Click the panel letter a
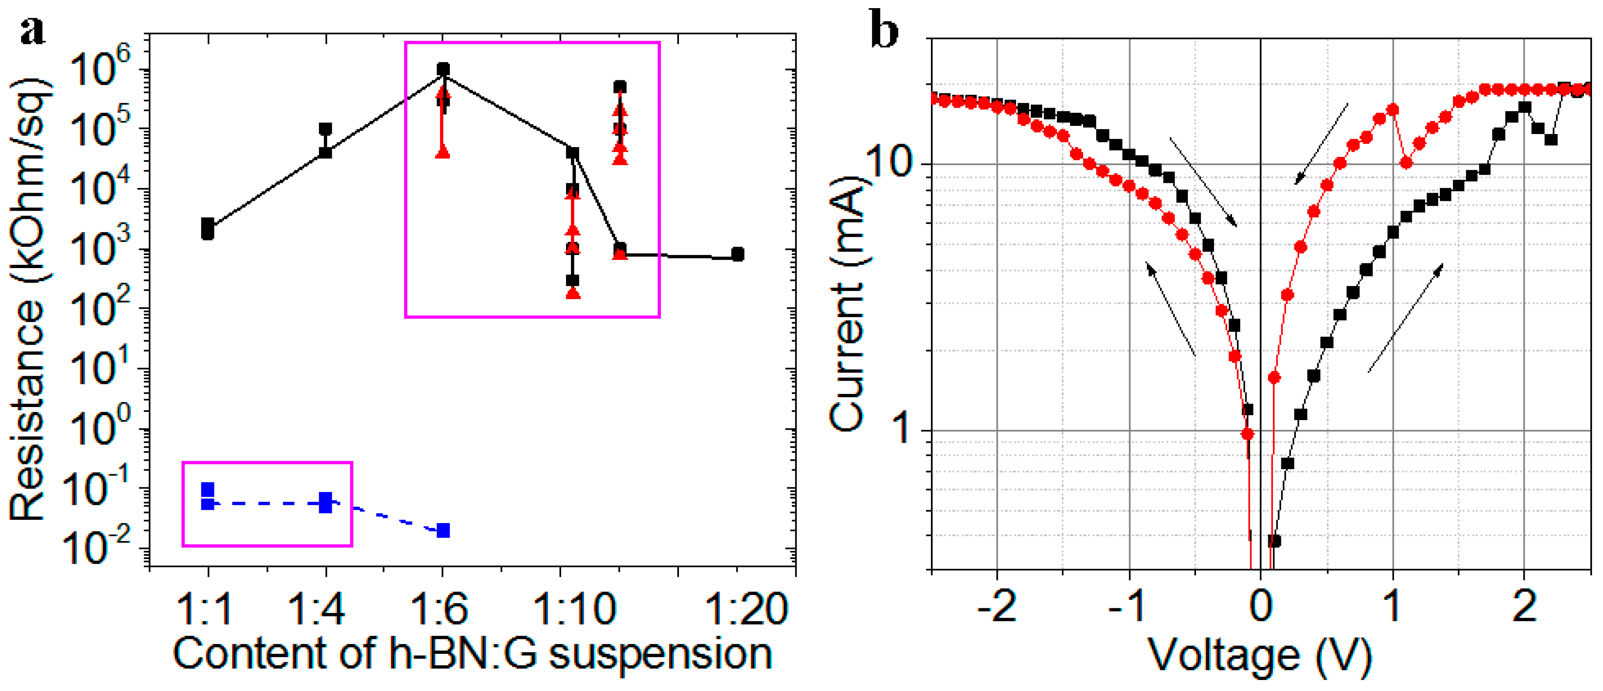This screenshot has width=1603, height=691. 32,31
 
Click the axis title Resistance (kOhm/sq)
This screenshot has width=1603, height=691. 28,299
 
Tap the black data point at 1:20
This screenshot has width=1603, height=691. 737,254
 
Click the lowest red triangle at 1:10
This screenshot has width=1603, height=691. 573,293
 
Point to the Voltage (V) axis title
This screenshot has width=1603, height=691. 1260,656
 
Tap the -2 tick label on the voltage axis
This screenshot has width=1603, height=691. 997,606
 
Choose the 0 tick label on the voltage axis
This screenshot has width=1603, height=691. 1261,606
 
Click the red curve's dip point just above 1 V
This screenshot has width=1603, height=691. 1406,163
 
